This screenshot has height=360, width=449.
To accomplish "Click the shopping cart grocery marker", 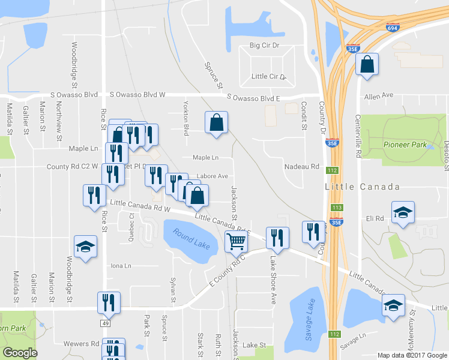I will click(x=236, y=241).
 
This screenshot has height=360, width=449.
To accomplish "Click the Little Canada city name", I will click(x=363, y=187).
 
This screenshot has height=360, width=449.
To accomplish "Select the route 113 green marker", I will click(x=337, y=208).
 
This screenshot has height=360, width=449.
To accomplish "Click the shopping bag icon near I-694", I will click(x=366, y=65).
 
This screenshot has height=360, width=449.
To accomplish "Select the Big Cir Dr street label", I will click(x=265, y=46).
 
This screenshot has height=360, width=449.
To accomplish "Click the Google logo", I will click(x=20, y=353).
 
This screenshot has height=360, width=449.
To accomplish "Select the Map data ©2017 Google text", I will click(x=412, y=355).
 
